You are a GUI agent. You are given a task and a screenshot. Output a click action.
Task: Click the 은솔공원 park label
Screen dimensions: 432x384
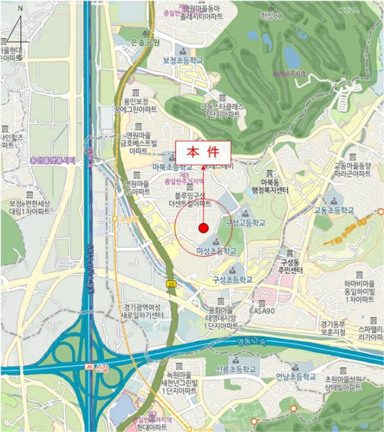coord(145,42)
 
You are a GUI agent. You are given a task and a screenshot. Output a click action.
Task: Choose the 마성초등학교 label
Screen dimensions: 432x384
coord(215,251)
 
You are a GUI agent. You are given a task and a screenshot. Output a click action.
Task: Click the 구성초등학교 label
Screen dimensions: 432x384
coord(233,279)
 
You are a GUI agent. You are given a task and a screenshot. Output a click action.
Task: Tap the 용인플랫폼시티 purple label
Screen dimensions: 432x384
coord(52,160)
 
